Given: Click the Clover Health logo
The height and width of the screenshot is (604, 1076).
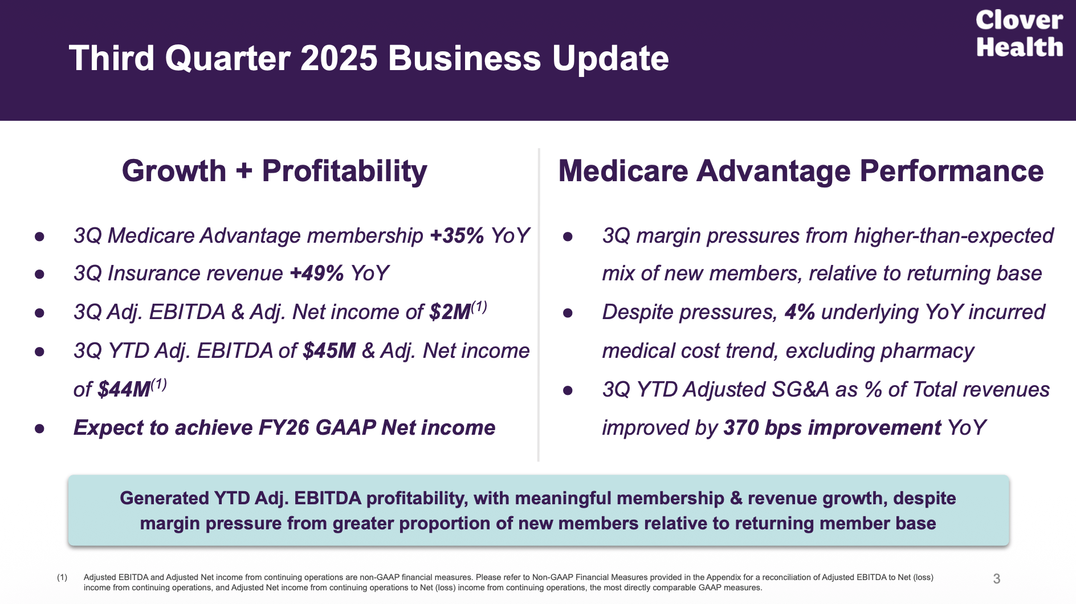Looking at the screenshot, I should coord(1019,34).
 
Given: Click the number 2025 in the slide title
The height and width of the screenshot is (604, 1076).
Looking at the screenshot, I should coord(339,58).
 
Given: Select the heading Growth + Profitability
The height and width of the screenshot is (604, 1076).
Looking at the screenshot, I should coord(274,171).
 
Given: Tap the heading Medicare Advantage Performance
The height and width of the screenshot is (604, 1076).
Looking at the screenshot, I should coord(801,171).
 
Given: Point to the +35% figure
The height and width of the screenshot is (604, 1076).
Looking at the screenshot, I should coord(457,235).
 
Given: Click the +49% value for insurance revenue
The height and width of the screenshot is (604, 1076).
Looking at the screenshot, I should coord(317,274).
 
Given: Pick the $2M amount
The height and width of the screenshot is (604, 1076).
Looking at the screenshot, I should coord(450,312).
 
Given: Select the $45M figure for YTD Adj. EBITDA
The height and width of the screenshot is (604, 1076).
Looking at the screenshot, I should coord(329,351).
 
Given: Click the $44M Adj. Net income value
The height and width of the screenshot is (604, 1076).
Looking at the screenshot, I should coord(124,390).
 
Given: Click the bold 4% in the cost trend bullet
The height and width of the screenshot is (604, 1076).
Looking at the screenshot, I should coord(799,312).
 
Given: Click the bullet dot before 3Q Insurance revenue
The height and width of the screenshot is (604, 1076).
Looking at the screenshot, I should coord(39,274).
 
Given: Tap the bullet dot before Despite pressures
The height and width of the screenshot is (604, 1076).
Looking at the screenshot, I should coord(568,313).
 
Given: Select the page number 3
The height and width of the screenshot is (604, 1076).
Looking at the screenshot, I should coord(996,579).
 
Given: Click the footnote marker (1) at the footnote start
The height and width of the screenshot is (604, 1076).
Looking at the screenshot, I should coord(62,577).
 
